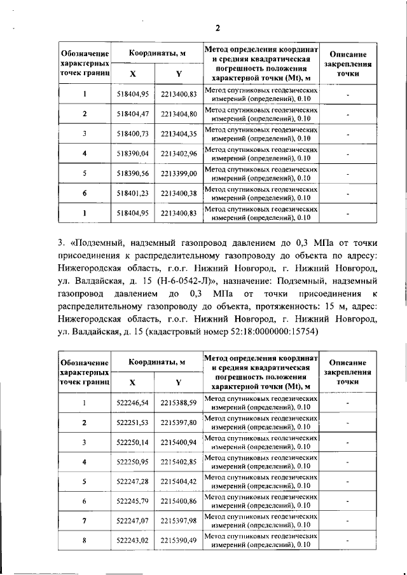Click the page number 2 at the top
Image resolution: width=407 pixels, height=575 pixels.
click(x=217, y=28)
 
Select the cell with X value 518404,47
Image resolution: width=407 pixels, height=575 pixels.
click(x=132, y=114)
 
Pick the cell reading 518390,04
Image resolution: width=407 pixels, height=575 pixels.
click(x=132, y=154)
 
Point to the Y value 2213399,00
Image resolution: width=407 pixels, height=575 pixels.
click(x=179, y=173)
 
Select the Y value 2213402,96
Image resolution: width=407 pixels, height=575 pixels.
click(x=179, y=154)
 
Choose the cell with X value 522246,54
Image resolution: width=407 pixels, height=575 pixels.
click(x=132, y=403)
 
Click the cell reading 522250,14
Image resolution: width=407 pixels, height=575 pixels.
click(x=132, y=442)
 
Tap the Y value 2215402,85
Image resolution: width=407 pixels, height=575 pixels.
click(x=179, y=462)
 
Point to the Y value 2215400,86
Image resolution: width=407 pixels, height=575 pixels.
click(x=179, y=501)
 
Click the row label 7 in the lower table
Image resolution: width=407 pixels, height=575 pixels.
click(x=85, y=521)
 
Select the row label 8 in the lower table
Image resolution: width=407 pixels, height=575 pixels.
click(x=85, y=541)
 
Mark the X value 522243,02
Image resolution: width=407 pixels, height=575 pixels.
click(x=132, y=541)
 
